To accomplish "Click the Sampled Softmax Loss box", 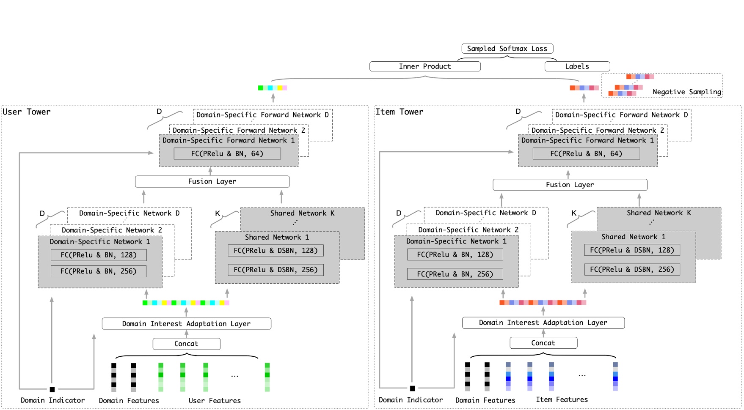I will pos(507,49).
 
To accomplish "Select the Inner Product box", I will pos(424,66).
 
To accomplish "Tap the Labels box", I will pos(577,66).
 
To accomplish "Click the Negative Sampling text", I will pos(686,92).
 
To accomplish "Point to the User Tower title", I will pos(27,112).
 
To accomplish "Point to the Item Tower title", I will pos(399,112).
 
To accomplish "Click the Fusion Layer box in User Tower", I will pos(212,181).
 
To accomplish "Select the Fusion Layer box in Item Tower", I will pos(570,185).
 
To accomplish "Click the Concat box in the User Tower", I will pos(186,344).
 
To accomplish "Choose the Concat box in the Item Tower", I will pos(543,343).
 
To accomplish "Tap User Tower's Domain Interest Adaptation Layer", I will pos(186,324).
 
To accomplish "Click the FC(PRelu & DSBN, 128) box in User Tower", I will pos(276,251).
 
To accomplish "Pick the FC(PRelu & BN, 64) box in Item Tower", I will pos(586,154).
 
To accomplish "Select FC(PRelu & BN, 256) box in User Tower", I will pos(98,271).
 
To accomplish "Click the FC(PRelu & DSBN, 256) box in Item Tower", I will pos(632,270).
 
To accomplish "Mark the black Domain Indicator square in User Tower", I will pos(52,389).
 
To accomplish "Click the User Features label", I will pos(215,400).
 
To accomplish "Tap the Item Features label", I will pos(562,399).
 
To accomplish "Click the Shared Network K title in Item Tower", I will pos(659,213).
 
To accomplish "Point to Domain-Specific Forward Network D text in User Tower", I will pos(262,115).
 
